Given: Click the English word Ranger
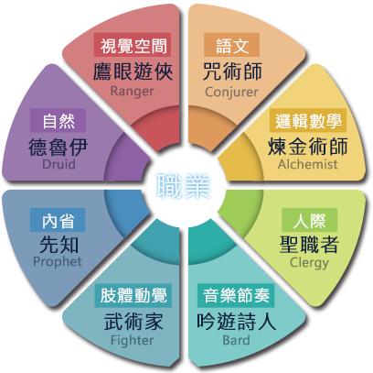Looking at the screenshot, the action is point(132,92).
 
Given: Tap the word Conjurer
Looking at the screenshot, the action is point(231,92).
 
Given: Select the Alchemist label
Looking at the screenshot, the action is point(308,164).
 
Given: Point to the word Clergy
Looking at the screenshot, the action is point(309,263).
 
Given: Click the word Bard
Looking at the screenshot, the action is point(236,340).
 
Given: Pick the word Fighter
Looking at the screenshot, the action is point(133,341).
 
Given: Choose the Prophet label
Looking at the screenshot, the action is point(58,262).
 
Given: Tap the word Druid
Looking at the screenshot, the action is point(59,164).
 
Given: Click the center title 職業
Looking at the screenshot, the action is point(184,186).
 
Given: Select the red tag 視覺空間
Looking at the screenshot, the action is point(133,45).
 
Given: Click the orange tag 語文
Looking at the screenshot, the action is point(231,45).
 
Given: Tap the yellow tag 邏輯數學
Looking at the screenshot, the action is point(308,120).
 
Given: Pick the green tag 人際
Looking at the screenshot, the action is point(309,220).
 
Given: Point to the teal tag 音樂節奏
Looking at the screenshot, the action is point(236,295).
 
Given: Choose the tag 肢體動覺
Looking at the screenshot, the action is point(133,295).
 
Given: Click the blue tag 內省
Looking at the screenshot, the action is point(58,220).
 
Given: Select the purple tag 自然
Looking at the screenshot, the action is point(58,120).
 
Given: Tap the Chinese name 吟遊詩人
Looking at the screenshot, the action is point(236,322).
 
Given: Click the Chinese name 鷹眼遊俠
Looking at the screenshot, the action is point(133,71).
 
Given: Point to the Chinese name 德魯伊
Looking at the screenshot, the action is point(58,147).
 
